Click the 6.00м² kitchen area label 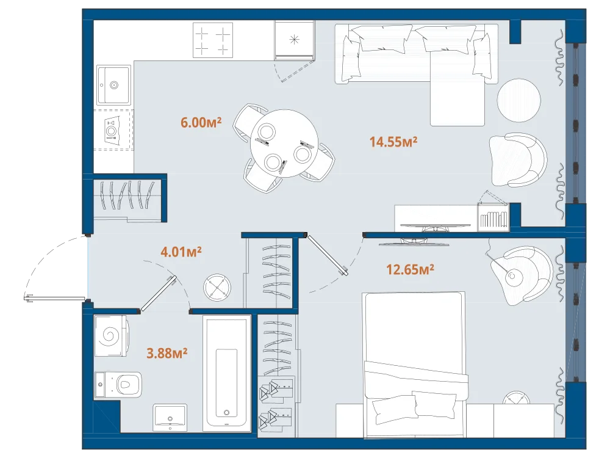[201, 122]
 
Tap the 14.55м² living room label [393, 142]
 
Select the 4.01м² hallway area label [181, 252]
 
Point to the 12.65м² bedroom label [410, 269]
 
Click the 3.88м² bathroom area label [167, 353]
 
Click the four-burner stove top [213, 40]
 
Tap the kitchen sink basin [113, 85]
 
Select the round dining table [284, 144]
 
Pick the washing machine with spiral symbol [110, 336]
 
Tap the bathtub [226, 374]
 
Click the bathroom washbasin [170, 418]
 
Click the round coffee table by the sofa [518, 100]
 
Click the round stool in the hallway [217, 288]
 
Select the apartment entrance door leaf [54, 299]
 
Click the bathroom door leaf [159, 294]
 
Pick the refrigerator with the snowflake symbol [295, 40]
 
